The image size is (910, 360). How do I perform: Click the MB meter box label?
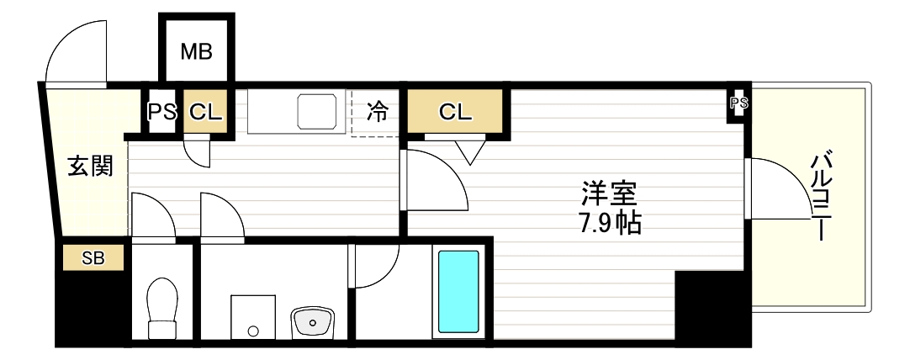197,50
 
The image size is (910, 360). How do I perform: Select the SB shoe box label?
93,258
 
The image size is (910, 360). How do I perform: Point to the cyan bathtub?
458,290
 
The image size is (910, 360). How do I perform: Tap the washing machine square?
252,317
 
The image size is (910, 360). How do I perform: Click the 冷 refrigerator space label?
378,111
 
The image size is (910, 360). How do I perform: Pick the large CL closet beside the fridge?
456,111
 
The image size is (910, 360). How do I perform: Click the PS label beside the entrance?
162,111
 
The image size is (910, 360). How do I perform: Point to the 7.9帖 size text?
609,223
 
